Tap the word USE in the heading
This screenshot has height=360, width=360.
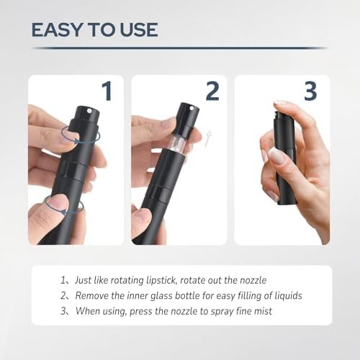click(x=139, y=30)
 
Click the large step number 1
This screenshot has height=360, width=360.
click(x=107, y=91)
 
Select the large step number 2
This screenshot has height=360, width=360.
click(x=212, y=91)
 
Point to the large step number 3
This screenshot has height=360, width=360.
click(x=310, y=91)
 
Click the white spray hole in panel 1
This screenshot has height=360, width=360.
click(x=90, y=111)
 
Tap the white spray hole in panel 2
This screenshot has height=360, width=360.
click(x=192, y=109)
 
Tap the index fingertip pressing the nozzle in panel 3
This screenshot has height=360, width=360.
click(x=282, y=102)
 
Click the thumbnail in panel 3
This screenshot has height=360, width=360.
click(x=276, y=156)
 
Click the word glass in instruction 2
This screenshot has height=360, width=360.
click(x=163, y=296)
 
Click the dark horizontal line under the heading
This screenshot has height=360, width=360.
click(x=180, y=48)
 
